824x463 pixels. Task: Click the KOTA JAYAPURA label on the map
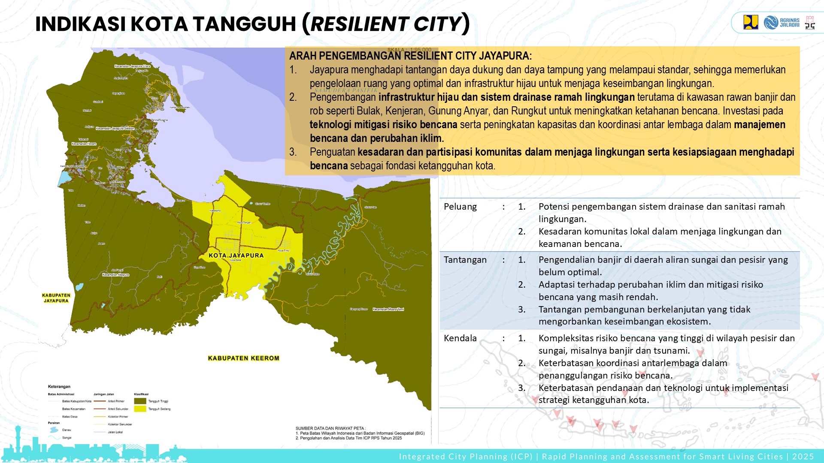236,256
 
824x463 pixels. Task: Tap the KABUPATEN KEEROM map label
243,358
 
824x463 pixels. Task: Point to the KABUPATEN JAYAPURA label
56,298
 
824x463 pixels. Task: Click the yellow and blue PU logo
751,22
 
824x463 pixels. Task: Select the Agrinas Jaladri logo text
789,23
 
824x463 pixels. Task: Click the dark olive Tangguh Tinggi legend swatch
140,401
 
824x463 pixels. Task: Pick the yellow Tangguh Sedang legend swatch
140,409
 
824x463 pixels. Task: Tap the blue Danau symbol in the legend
54,430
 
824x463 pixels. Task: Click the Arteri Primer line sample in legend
100,401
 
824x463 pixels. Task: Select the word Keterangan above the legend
59,387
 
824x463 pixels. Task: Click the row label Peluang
460,207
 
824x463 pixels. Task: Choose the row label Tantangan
465,260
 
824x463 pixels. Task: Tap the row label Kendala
460,338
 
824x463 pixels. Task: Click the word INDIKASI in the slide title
80,24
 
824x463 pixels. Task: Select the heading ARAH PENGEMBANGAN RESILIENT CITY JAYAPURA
410,56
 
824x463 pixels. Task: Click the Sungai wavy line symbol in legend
54,438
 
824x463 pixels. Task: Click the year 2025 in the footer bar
803,457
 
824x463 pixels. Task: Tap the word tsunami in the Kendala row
670,351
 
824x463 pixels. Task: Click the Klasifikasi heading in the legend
141,394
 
